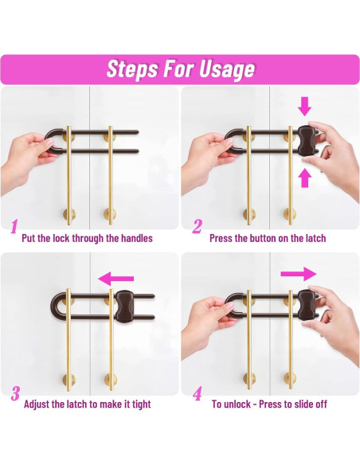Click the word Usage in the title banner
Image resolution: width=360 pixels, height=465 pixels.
pos(226,70)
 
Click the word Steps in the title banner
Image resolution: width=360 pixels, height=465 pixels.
pos(132,69)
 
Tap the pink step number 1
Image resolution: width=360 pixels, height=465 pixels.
pos(14,227)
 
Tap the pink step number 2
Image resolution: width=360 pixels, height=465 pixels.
pos(198,227)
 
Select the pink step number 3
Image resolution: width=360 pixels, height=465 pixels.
pos(15,393)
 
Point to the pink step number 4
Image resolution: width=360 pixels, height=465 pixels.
pos(198,393)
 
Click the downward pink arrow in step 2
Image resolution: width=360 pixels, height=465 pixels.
pos(305,106)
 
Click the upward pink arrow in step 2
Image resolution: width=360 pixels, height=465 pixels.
pos(305,178)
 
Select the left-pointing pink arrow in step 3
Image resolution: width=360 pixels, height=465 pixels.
pos(116,279)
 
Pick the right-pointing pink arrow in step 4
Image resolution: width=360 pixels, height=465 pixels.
pos(299,274)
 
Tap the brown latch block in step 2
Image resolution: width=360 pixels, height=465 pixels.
pos(306,142)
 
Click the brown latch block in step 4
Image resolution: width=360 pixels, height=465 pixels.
pos(306,306)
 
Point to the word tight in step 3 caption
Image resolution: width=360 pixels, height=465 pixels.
pos(141,404)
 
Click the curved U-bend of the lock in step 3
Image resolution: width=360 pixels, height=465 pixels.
pos(55,306)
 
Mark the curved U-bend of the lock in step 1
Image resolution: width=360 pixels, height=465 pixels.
pos(49,142)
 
